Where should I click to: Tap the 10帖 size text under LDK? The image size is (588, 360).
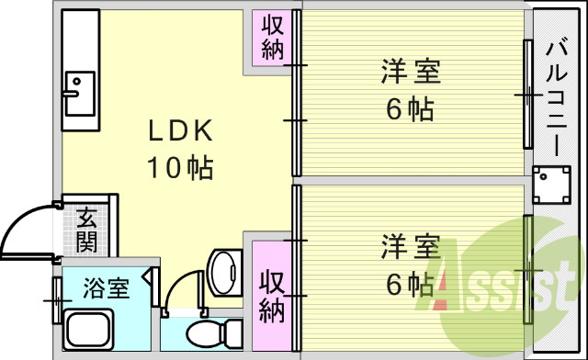pyautogui.click(x=181, y=167)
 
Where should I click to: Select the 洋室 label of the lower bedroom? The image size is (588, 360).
pyautogui.click(x=410, y=247)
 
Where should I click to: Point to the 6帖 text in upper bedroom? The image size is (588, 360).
pyautogui.click(x=410, y=110)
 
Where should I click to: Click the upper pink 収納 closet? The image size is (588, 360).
pyautogui.click(x=272, y=38)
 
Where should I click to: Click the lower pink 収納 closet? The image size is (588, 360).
pyautogui.click(x=271, y=294)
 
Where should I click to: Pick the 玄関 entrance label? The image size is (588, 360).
pyautogui.click(x=87, y=231)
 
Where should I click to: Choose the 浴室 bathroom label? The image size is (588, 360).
pyautogui.click(x=106, y=288)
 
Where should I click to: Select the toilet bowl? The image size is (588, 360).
pyautogui.click(x=211, y=332)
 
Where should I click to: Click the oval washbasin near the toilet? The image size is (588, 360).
pyautogui.click(x=222, y=270)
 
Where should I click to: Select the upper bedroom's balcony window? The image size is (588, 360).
pyautogui.click(x=527, y=93)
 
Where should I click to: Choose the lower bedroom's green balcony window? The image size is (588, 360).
pyautogui.click(x=528, y=268)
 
